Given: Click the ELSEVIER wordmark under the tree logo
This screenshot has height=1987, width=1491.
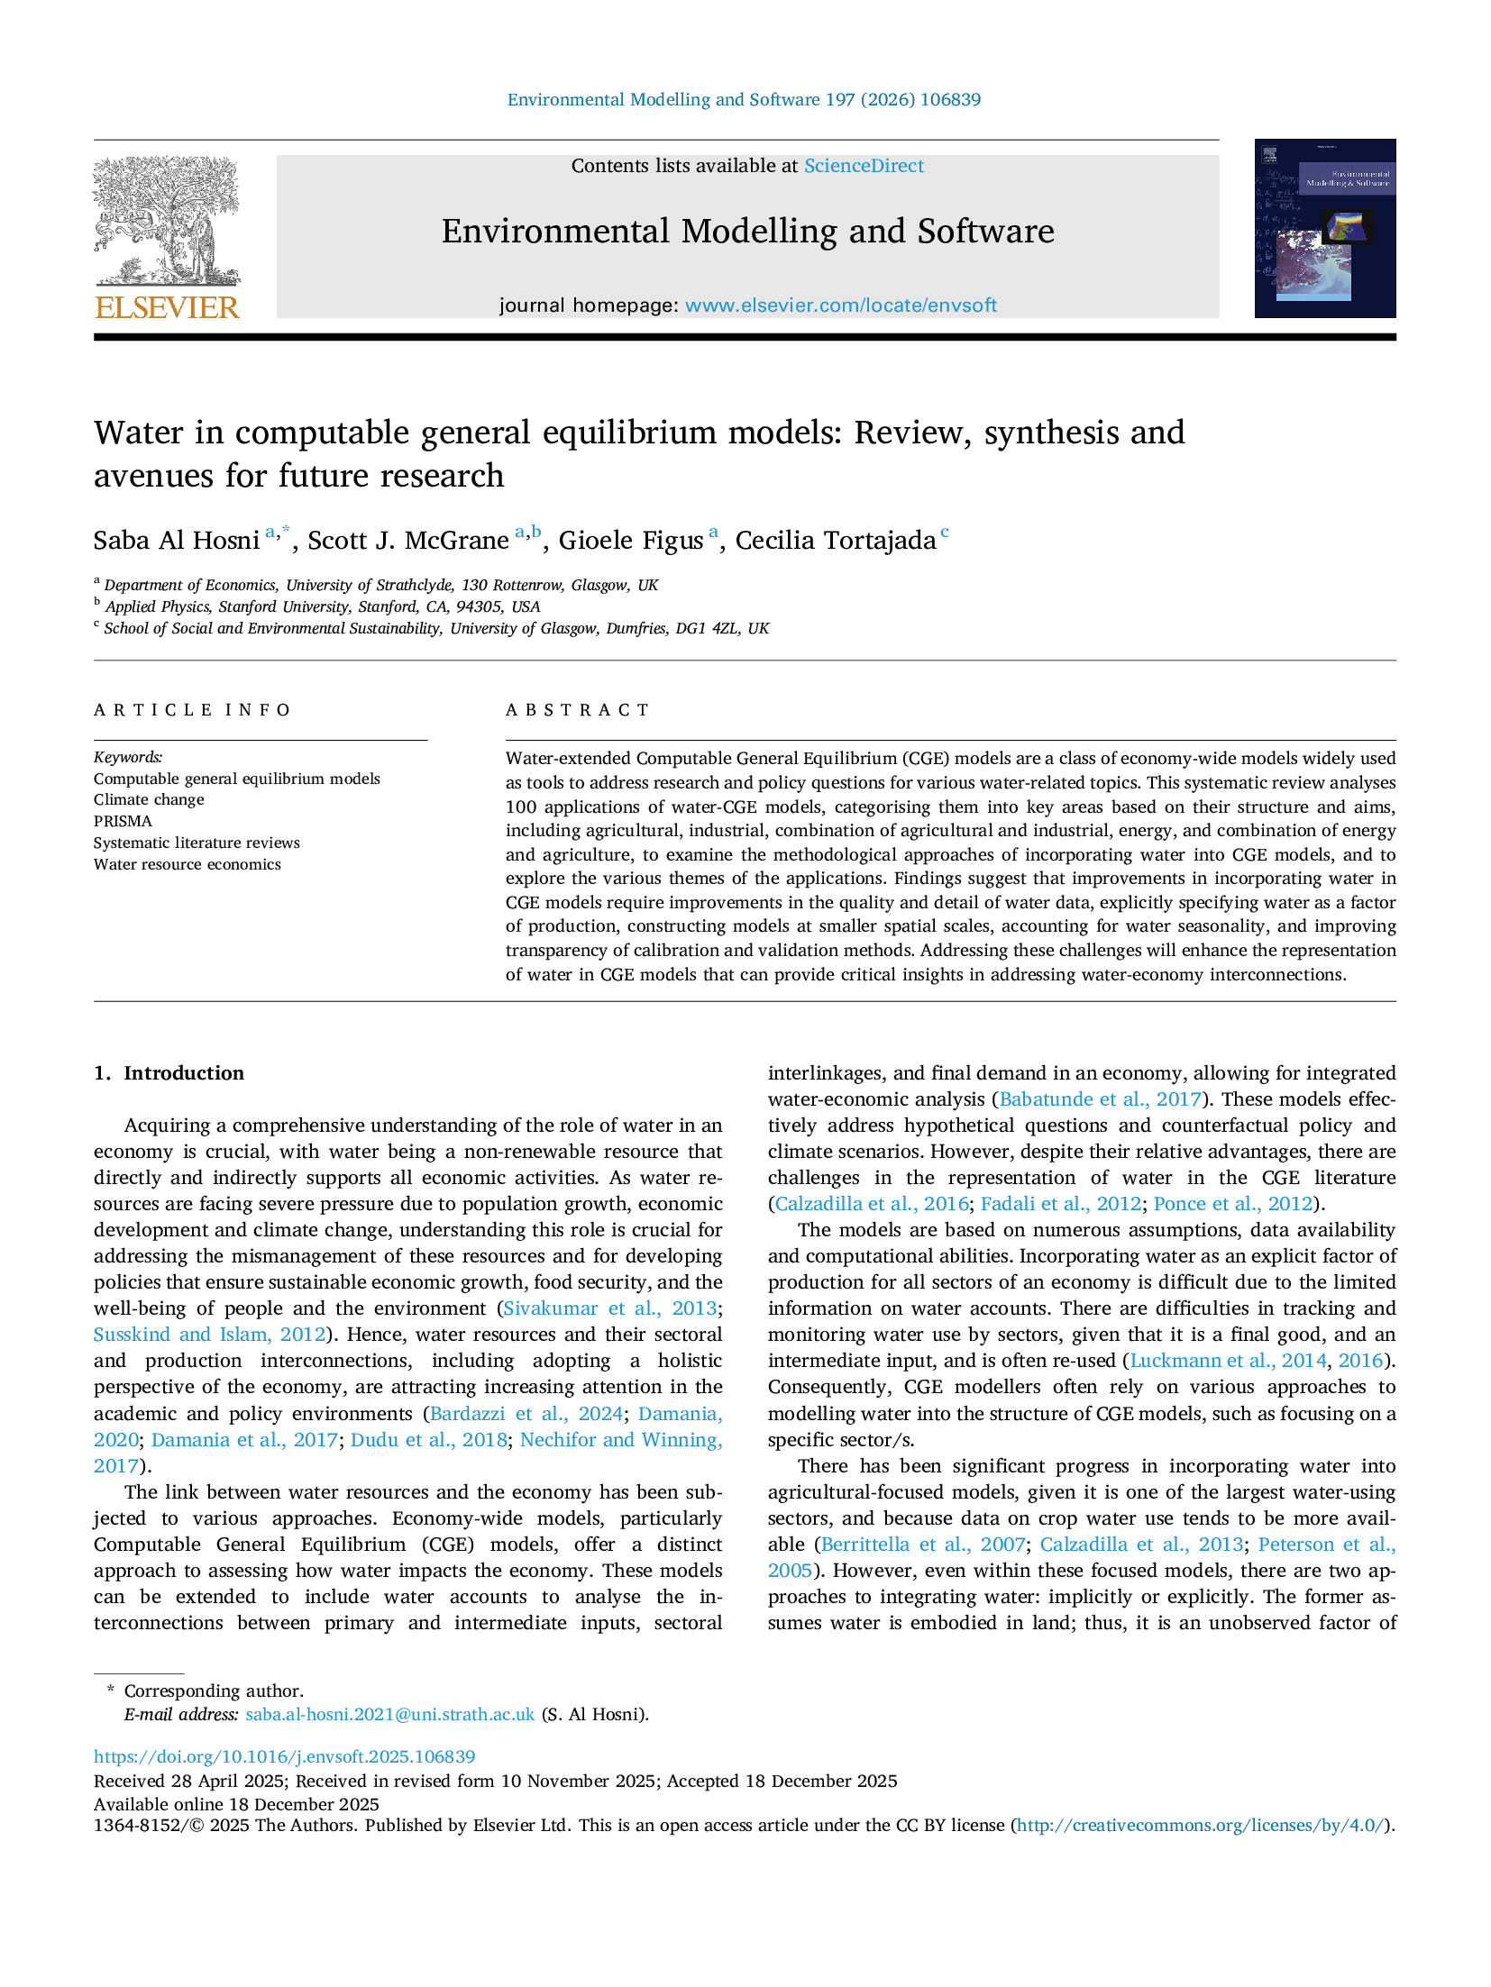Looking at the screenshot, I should tap(167, 308).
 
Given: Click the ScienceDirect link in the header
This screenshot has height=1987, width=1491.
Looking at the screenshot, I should tap(863, 166).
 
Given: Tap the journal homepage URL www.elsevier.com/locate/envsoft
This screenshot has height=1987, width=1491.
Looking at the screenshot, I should tap(840, 305).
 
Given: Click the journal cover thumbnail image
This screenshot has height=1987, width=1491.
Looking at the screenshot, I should tap(1324, 228).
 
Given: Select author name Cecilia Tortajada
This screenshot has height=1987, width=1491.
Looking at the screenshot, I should tap(835, 541).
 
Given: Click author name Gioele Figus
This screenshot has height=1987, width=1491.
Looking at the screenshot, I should tap(630, 541).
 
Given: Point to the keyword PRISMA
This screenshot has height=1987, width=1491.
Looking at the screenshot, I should tap(123, 821).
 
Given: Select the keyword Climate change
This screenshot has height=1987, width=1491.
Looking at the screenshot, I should tap(149, 799).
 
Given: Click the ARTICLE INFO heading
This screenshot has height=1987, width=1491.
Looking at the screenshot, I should tap(192, 710).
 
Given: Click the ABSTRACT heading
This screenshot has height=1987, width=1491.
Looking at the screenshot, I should tap(577, 710).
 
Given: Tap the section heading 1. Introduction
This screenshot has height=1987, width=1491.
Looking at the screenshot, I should tap(169, 1073).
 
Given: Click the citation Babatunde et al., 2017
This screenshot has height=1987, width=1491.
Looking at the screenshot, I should tap(1100, 1099).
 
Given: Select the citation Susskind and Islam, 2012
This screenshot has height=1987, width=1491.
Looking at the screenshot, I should tap(209, 1335).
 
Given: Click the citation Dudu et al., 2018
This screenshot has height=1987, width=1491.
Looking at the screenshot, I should tap(428, 1440).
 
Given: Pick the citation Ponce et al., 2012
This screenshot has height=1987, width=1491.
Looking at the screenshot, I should tap(1232, 1204).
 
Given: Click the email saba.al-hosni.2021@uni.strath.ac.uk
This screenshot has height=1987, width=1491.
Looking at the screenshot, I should tap(389, 1714).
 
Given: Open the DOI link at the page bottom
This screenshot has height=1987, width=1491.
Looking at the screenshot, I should tap(284, 1756).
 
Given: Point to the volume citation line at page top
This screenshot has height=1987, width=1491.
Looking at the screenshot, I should tap(744, 100).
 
